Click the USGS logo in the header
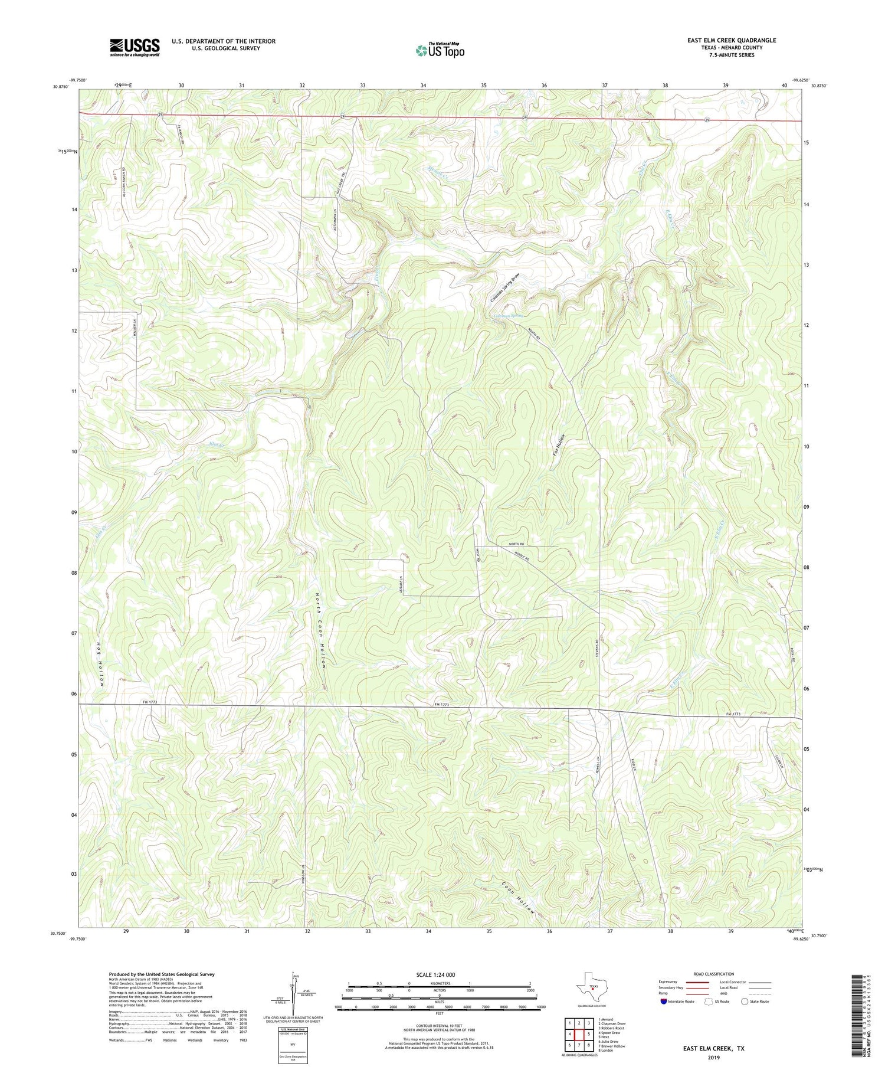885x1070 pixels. click(x=135, y=47)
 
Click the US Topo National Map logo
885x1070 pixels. click(x=440, y=50)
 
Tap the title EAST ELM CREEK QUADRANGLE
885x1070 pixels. click(x=732, y=40)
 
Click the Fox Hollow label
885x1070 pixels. click(x=559, y=444)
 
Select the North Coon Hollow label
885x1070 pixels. click(x=322, y=630)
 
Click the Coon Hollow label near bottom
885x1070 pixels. click(x=520, y=899)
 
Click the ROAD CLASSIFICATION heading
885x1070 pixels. click(x=714, y=974)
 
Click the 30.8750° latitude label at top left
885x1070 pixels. click(x=60, y=87)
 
